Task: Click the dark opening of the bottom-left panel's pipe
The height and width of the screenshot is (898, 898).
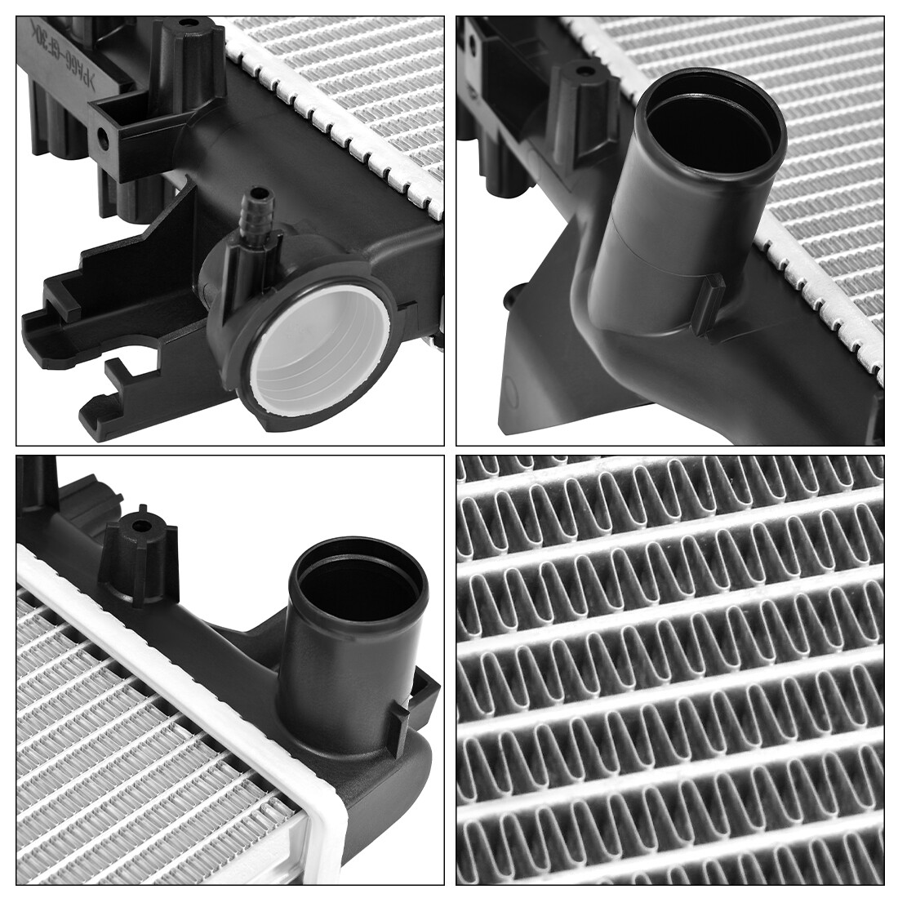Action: tap(360, 588)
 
